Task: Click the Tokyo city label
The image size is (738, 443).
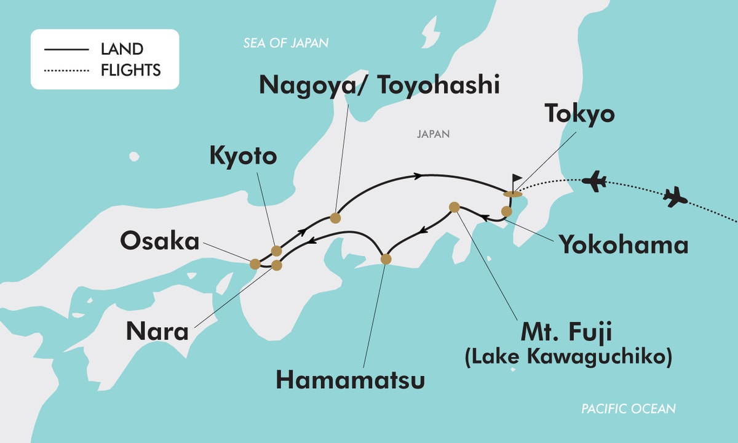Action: (x=579, y=115)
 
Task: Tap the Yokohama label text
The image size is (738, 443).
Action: (x=623, y=245)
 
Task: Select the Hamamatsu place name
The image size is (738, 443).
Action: (x=350, y=380)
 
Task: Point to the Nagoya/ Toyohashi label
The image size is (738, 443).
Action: (x=379, y=85)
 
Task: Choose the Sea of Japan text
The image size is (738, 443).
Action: (x=285, y=43)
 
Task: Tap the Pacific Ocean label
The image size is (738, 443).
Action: (x=629, y=409)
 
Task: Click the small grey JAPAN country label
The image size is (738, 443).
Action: (x=433, y=134)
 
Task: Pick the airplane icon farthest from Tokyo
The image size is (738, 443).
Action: (x=675, y=198)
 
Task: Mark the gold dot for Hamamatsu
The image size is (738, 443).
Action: (x=386, y=259)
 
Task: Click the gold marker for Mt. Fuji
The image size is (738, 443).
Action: (x=454, y=207)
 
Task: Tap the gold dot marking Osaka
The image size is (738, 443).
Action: (x=255, y=264)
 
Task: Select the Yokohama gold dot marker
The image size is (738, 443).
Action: (x=506, y=212)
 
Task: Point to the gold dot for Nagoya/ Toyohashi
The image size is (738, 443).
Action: (x=335, y=217)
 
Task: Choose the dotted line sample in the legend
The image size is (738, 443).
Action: (x=66, y=70)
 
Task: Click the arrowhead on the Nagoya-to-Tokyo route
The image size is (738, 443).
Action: (x=419, y=177)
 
